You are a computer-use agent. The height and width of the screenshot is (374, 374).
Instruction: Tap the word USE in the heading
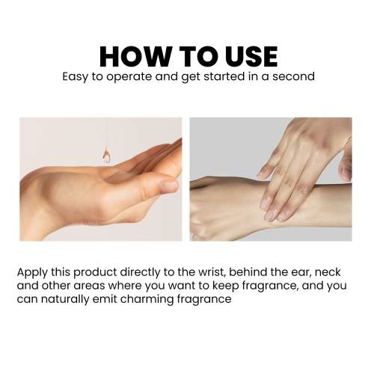coord(251,57)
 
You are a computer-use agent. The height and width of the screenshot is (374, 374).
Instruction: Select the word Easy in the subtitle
coord(75,77)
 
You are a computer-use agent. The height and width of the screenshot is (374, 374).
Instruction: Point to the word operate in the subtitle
coord(129,77)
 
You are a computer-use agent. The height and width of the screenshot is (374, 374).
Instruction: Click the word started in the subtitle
coord(224,76)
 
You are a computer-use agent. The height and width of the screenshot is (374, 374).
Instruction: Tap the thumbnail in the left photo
coord(168,185)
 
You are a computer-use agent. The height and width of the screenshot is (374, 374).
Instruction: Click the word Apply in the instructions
coord(32,272)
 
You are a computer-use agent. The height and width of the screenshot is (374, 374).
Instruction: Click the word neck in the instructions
coord(328,272)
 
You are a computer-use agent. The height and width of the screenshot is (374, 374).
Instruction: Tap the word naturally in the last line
coord(65,299)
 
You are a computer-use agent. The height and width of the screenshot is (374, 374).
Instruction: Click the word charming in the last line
coord(147,299)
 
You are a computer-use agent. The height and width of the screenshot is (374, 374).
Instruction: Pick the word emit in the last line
coord(105,298)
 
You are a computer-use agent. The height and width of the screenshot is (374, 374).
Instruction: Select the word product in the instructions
coord(95,272)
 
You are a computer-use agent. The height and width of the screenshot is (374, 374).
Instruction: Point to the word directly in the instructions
coord(141,272)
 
